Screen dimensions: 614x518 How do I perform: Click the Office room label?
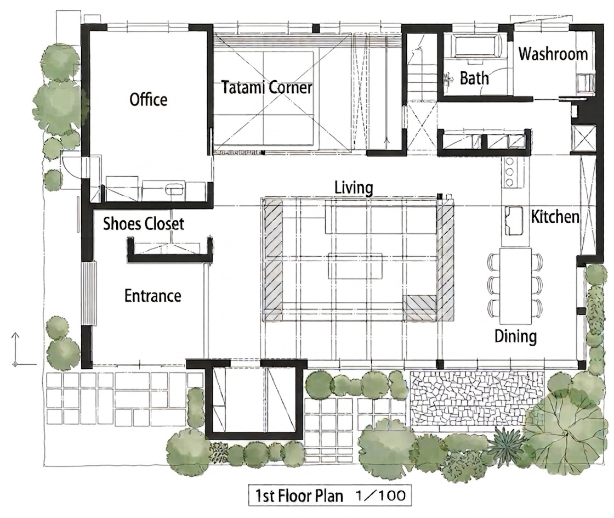[149, 99]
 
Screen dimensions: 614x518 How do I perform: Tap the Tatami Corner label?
[266, 87]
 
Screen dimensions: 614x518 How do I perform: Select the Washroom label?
[553, 54]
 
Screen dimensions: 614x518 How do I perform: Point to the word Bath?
[474, 78]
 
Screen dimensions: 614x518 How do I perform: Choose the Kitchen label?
[555, 217]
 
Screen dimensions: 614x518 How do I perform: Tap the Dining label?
[515, 336]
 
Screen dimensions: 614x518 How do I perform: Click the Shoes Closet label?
[143, 224]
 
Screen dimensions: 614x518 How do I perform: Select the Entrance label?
[153, 295]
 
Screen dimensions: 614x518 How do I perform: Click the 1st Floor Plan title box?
[329, 496]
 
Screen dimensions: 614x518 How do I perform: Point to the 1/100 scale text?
[380, 496]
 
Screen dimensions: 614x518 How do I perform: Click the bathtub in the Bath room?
[476, 46]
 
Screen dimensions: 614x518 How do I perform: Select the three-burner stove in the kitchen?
[510, 172]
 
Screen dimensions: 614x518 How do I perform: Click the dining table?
[516, 283]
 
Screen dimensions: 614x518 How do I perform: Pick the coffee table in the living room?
[355, 266]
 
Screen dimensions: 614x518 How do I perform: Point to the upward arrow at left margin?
[15, 349]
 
